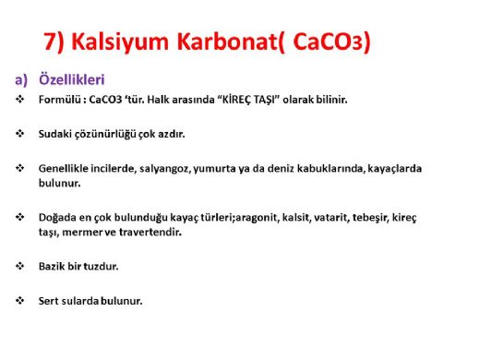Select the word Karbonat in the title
tap(225, 42)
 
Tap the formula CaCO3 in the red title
tap(330, 42)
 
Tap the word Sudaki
tap(56, 134)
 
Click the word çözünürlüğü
tap(109, 134)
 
